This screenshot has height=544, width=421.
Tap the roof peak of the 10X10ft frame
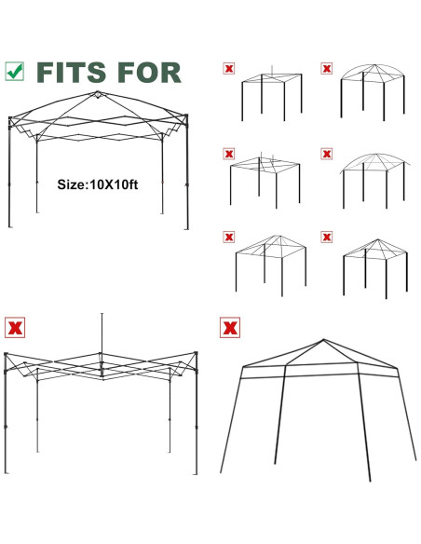97,95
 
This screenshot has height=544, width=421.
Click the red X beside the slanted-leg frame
228,328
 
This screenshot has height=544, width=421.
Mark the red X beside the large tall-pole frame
15,328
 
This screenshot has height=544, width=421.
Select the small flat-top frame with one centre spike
272,95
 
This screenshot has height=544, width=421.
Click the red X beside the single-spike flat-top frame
229,68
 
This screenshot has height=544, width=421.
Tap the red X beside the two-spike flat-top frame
229,152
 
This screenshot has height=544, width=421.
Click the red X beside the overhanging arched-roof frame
327,152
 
